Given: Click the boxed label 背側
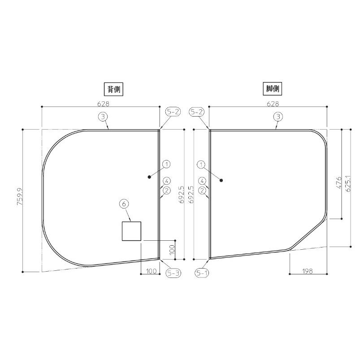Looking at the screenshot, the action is (113, 89).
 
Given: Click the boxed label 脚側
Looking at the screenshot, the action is (272, 89).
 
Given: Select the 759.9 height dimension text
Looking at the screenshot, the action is (20, 196).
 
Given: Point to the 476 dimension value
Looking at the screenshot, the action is (338, 182).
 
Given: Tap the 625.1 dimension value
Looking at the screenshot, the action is (347, 183).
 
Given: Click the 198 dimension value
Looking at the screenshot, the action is (308, 271).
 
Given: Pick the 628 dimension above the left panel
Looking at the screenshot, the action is (103, 104).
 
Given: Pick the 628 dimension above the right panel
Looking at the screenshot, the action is (273, 104).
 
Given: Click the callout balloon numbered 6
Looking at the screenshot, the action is (124, 204).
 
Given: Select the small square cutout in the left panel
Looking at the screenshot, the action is (131, 231).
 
